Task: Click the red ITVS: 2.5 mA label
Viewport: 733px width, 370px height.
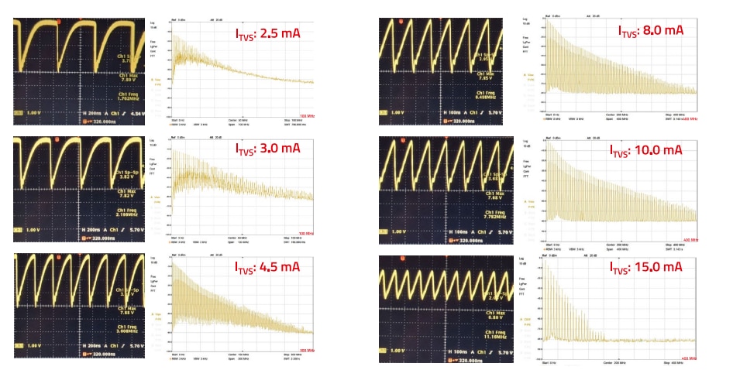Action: pyautogui.click(x=267, y=33)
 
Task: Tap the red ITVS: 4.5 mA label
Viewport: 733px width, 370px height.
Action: pyautogui.click(x=267, y=266)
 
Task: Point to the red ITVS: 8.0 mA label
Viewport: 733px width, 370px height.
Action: pyautogui.click(x=650, y=30)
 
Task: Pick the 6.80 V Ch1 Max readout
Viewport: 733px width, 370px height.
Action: pyautogui.click(x=493, y=317)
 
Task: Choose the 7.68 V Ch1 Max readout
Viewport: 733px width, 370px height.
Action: pyautogui.click(x=493, y=196)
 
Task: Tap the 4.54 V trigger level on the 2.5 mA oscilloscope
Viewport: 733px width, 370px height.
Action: pyautogui.click(x=136, y=113)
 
